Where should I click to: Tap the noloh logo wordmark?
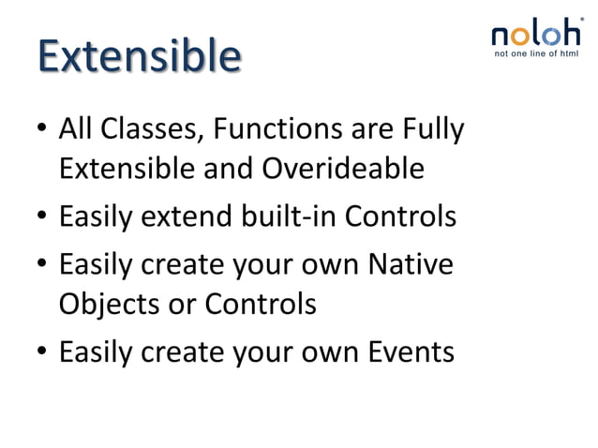coord(535,36)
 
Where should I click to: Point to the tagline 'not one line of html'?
coord(536,54)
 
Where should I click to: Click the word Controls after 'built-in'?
coord(401,217)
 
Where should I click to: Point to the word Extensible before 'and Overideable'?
coord(124,170)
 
